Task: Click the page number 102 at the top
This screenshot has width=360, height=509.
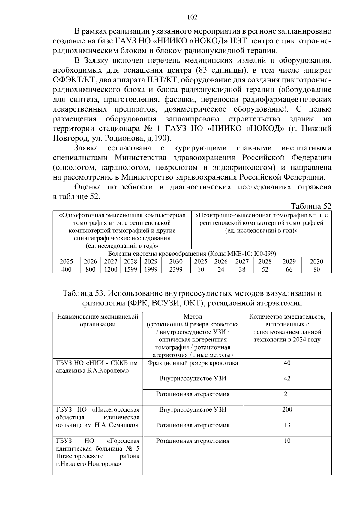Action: (x=192, y=17)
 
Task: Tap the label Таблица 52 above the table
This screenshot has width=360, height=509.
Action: (x=311, y=206)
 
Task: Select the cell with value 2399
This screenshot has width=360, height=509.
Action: (x=176, y=269)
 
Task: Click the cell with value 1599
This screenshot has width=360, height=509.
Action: (x=130, y=269)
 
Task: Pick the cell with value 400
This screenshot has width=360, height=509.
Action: (x=66, y=269)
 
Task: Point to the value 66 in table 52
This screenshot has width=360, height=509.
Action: (x=289, y=269)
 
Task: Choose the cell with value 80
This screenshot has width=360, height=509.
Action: (x=316, y=269)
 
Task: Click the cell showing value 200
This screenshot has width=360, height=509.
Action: (x=287, y=409)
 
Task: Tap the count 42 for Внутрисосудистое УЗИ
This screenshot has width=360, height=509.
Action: (x=287, y=378)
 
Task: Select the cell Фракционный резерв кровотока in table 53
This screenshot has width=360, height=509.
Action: (x=193, y=363)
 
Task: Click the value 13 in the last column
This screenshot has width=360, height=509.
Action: (x=287, y=425)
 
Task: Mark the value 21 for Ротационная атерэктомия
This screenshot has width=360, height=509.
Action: (x=287, y=394)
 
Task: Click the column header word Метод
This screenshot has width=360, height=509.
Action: (x=193, y=317)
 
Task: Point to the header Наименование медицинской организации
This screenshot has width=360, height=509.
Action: (x=98, y=320)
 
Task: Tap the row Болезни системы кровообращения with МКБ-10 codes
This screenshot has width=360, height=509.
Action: (x=192, y=253)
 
